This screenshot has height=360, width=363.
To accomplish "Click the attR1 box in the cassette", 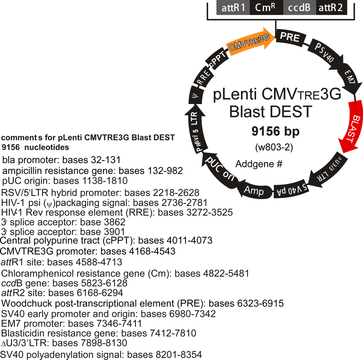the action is (x=233, y=8).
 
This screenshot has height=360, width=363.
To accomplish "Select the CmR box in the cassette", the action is (x=266, y=8).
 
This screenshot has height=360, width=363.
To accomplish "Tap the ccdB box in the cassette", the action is (x=300, y=8).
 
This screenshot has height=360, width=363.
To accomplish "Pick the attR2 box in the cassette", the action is (x=331, y=8).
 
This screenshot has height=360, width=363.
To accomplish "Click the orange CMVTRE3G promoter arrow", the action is (x=250, y=42).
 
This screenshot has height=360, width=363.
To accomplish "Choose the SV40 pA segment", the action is (x=292, y=189).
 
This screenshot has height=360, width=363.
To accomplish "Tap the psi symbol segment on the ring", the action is (x=196, y=95).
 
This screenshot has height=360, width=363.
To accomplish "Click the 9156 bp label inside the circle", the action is (x=275, y=131).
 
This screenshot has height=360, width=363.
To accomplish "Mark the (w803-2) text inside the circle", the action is (x=274, y=147).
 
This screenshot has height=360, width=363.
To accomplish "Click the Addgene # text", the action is (x=259, y=164).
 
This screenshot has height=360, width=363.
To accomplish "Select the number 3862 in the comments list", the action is (x=114, y=222).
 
